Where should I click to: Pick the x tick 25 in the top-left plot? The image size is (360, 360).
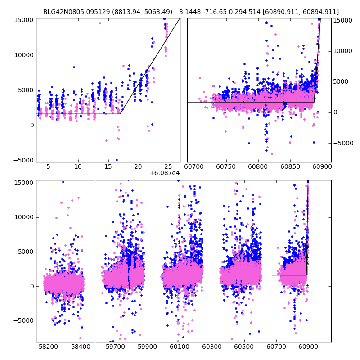point(168,167)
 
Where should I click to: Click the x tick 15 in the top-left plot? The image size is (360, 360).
point(108,167)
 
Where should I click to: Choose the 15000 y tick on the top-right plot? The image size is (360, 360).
point(343,20)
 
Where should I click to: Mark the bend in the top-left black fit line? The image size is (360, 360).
point(120,114)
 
